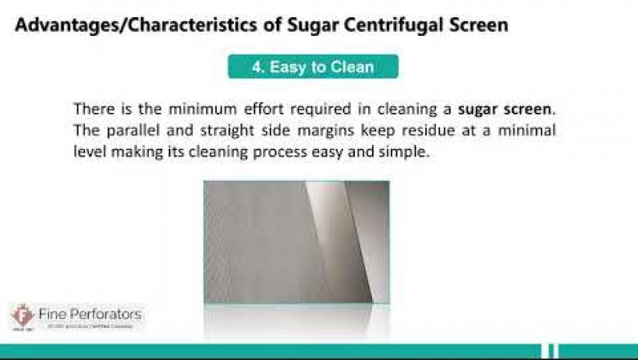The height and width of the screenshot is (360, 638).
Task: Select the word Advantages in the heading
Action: point(61,25)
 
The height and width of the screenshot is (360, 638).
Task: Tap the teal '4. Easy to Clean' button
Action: point(312,67)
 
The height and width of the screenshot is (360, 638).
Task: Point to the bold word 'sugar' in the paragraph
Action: point(478,109)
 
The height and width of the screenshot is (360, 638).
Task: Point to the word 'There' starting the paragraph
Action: point(90,109)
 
